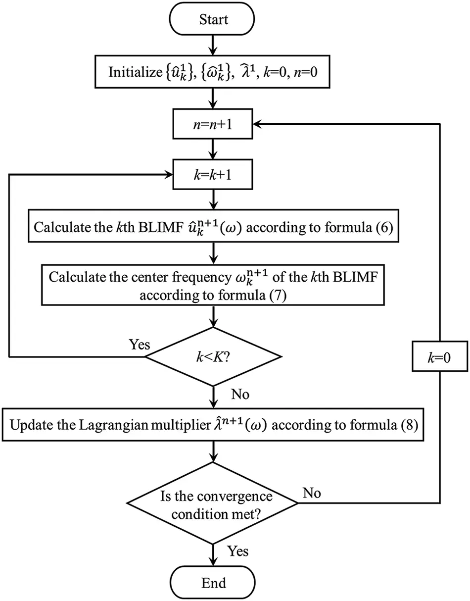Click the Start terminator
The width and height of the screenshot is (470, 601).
[214, 19]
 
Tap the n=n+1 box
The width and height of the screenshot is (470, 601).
[214, 125]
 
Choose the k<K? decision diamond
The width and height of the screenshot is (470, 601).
[214, 357]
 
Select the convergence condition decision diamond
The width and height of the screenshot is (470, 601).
[214, 503]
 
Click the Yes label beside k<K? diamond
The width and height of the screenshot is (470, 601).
[139, 345]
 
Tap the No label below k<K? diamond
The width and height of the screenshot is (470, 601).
[241, 395]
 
